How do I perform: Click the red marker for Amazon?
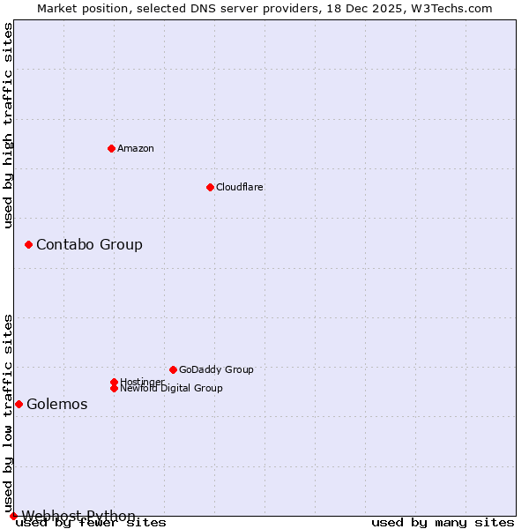tap(111, 148)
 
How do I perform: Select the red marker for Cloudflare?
tap(210, 187)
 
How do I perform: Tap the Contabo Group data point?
tap(28, 244)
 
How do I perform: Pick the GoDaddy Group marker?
tap(173, 369)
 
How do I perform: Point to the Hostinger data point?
tap(114, 382)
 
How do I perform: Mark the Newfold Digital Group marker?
tap(114, 388)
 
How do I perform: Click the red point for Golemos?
tap(19, 404)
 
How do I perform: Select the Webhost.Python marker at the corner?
tap(13, 516)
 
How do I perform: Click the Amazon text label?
tap(136, 148)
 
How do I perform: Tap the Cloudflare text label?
tap(240, 187)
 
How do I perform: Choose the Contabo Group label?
tap(89, 244)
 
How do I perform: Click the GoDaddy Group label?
tap(216, 369)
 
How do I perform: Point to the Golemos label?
tap(57, 404)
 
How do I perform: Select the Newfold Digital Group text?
tap(171, 388)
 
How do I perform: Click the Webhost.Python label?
tap(78, 516)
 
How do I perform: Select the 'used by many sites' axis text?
tap(443, 523)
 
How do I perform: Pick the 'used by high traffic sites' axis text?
tap(9, 125)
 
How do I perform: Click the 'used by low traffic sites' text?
tap(9, 413)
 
